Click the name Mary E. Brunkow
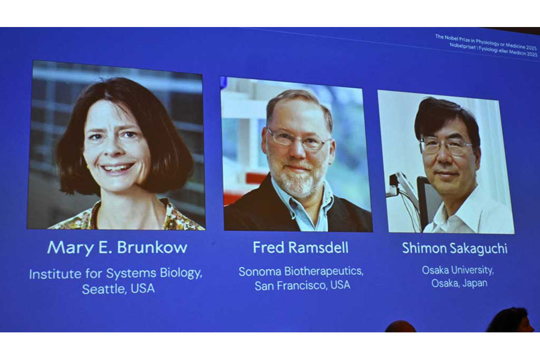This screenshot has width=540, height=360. [x=117, y=248]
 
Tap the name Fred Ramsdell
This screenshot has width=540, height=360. [x=300, y=248]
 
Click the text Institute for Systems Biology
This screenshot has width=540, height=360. [x=116, y=274]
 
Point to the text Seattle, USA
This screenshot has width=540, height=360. [x=118, y=289]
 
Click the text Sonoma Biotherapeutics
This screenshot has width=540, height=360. [x=301, y=271]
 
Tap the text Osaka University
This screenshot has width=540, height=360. [x=458, y=270]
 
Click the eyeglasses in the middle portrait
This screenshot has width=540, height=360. [x=298, y=140]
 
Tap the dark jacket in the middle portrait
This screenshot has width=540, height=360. [x=252, y=210]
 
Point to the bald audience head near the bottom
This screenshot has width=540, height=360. [x=400, y=327]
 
